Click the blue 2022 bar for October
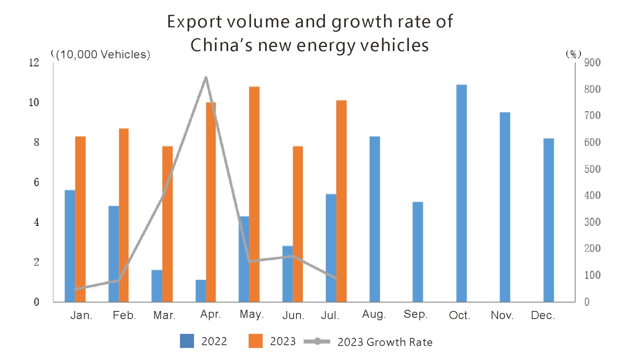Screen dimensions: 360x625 point(462,193)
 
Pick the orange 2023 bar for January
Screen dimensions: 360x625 point(80,219)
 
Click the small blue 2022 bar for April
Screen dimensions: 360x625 point(200,291)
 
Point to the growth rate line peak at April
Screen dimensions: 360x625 point(206,78)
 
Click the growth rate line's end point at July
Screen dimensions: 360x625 point(336,278)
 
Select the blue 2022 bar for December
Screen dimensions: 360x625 point(549,220)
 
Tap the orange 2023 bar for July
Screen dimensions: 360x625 point(341,201)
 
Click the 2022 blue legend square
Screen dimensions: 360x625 point(187,341)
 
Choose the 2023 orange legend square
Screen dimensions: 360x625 point(255,341)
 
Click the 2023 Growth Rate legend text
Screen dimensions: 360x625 point(385,342)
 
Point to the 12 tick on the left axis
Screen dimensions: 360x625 point(34,63)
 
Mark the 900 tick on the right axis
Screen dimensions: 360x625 point(592,63)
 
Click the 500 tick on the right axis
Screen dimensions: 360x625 point(592,169)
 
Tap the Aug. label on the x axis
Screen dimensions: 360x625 point(374,314)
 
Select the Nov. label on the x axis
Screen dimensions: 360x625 point(502,315)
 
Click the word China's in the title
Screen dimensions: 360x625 point(221,45)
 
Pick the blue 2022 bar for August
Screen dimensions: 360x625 point(375,219)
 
